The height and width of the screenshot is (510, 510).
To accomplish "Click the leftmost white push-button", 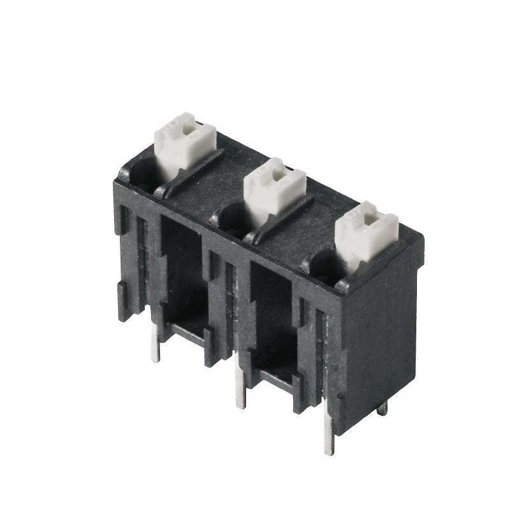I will click(x=184, y=143).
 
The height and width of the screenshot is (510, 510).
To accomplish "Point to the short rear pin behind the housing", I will click(x=382, y=408).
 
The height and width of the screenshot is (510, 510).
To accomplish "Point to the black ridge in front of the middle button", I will click(x=280, y=220).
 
